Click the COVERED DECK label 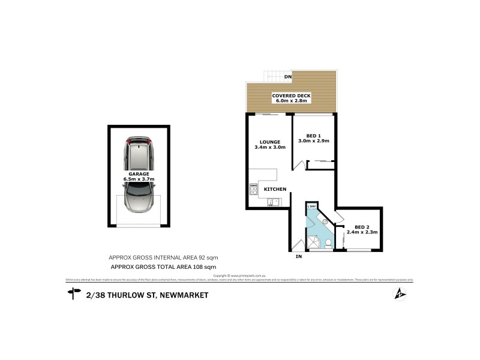coord(290,95)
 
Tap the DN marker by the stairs coord(288,77)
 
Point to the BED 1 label coord(314,135)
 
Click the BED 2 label coord(361,226)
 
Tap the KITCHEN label coord(275,190)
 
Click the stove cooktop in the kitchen coord(253,191)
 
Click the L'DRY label coord(311,207)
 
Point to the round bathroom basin coord(324,221)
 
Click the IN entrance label coord(298,257)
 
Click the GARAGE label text coord(138,173)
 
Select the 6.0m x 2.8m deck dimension coord(290,101)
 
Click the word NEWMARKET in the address coord(181,295)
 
